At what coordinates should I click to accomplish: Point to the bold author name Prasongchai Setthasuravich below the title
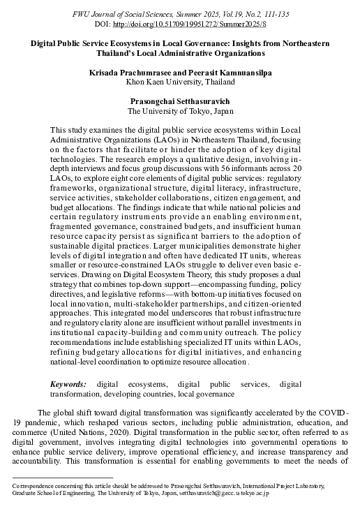180,101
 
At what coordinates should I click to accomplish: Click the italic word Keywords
68,384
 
